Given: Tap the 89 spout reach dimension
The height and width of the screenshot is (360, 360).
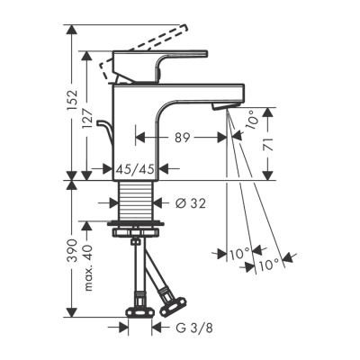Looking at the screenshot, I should click(182, 139).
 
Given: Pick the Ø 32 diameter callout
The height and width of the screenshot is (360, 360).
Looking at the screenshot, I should click(186, 203).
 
